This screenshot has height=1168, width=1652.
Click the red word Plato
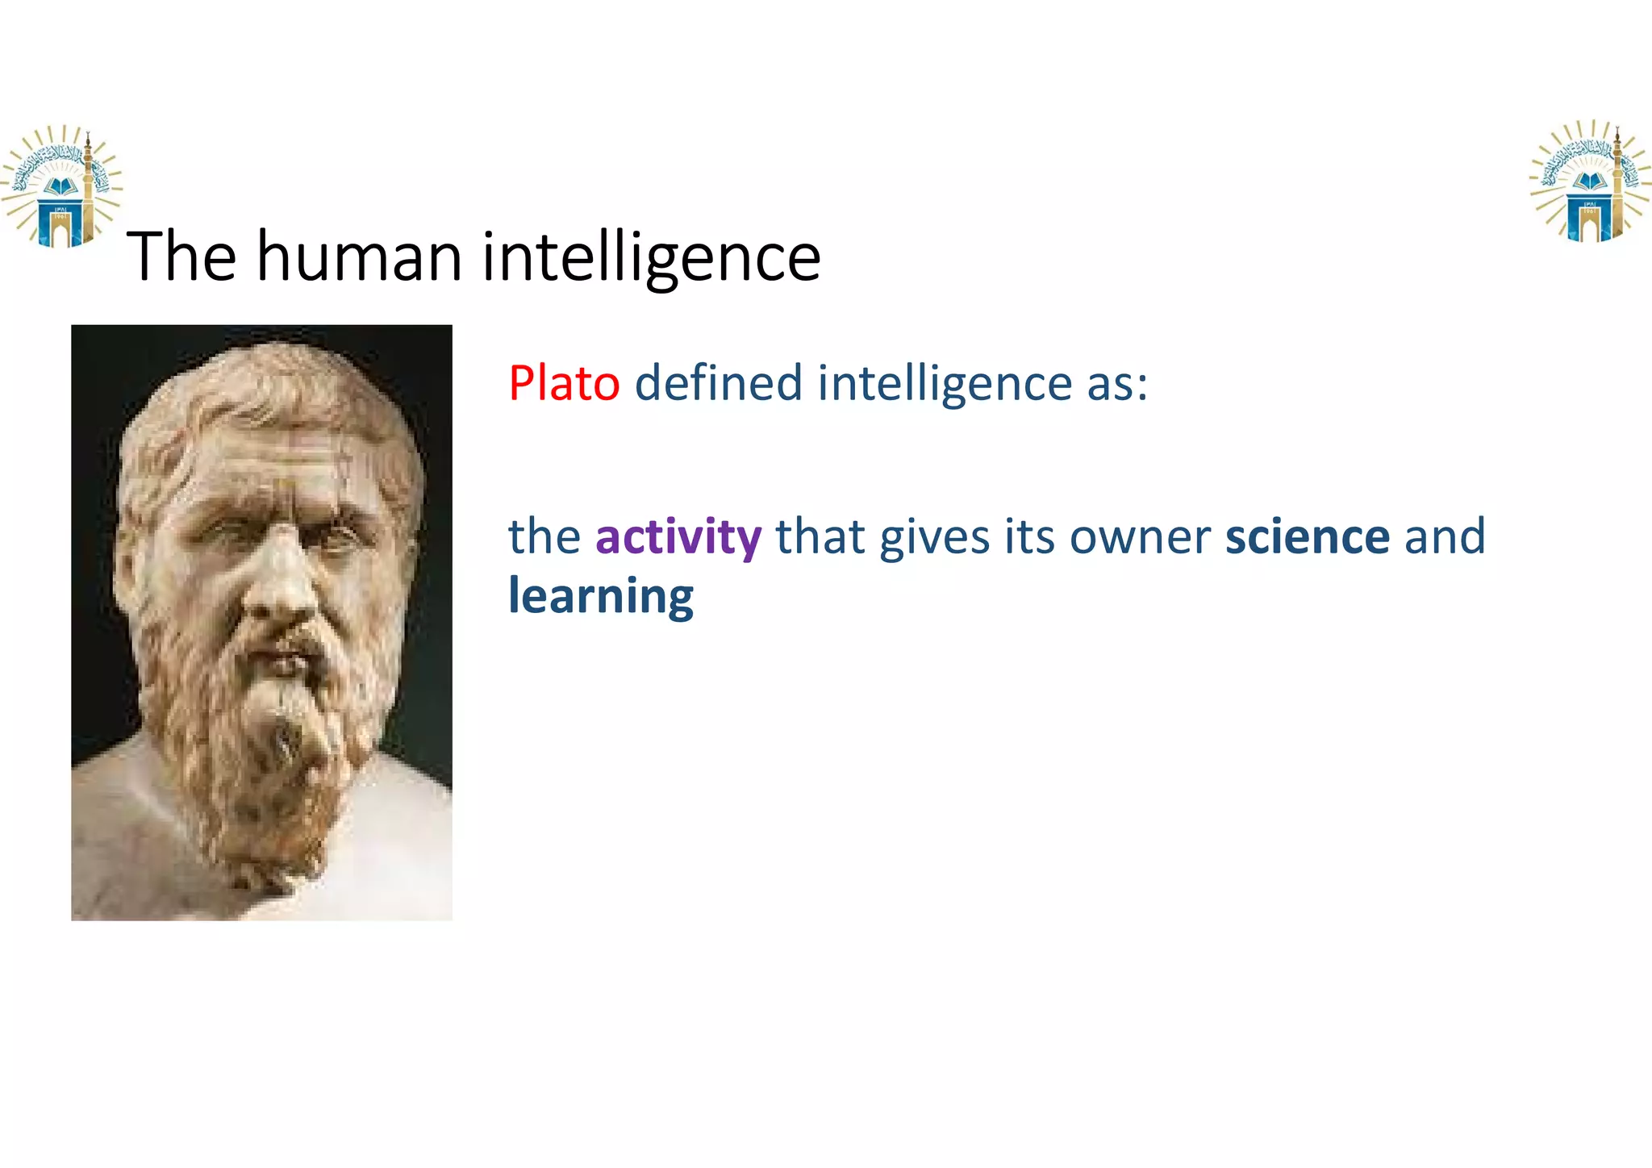563,383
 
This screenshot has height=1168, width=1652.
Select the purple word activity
678,538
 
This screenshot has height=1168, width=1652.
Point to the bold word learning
600,597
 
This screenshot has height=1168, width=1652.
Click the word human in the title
359,257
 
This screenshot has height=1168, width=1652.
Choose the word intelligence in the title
651,257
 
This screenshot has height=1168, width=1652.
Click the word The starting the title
181,257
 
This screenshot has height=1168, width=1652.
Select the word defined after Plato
718,383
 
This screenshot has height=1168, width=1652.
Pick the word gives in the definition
934,538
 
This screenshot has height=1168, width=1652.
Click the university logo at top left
61,186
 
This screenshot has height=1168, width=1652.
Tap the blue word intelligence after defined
945,383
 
